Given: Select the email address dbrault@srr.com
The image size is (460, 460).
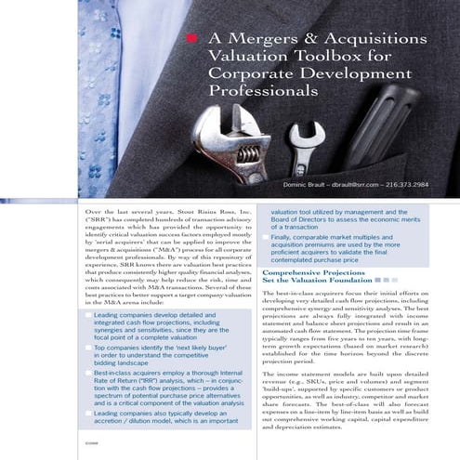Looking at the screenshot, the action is tap(349, 185).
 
